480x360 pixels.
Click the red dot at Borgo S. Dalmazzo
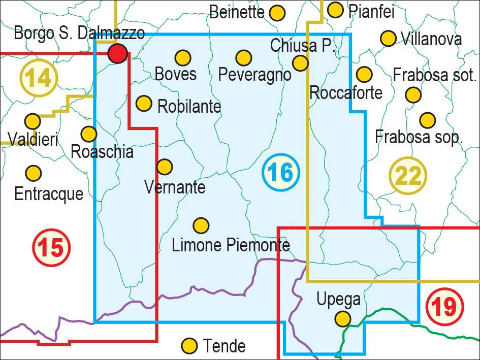tap(118, 53)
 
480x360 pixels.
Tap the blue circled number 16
tap(281, 173)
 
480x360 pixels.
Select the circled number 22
tap(408, 176)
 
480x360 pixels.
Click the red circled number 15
tap(51, 248)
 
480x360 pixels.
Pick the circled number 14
tap(39, 78)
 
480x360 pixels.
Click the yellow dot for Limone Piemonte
tap(201, 225)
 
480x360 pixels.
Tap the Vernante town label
tap(175, 187)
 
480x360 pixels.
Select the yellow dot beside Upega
tap(343, 319)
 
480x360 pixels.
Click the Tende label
tap(224, 346)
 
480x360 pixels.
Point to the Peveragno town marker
tap(244, 58)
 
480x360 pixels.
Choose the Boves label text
tap(175, 74)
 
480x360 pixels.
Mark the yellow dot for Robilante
tap(144, 104)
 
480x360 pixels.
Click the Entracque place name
tap(49, 193)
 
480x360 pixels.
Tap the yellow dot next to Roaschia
tap(89, 134)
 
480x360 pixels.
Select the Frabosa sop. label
tap(419, 137)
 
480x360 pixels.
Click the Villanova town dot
tap(388, 39)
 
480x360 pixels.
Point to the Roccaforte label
tap(345, 93)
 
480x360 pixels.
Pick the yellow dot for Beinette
tap(277, 13)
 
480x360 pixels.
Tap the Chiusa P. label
tap(302, 46)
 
